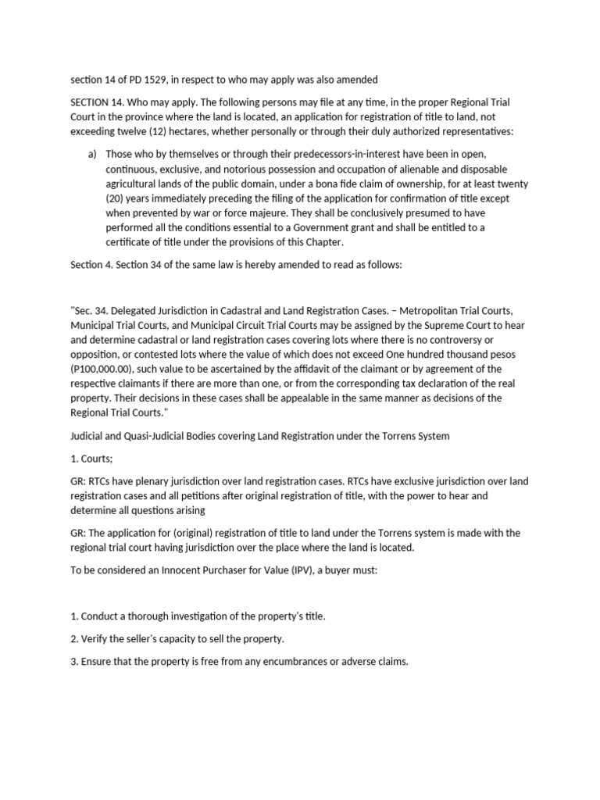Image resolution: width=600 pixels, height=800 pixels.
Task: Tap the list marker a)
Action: (x=93, y=154)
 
